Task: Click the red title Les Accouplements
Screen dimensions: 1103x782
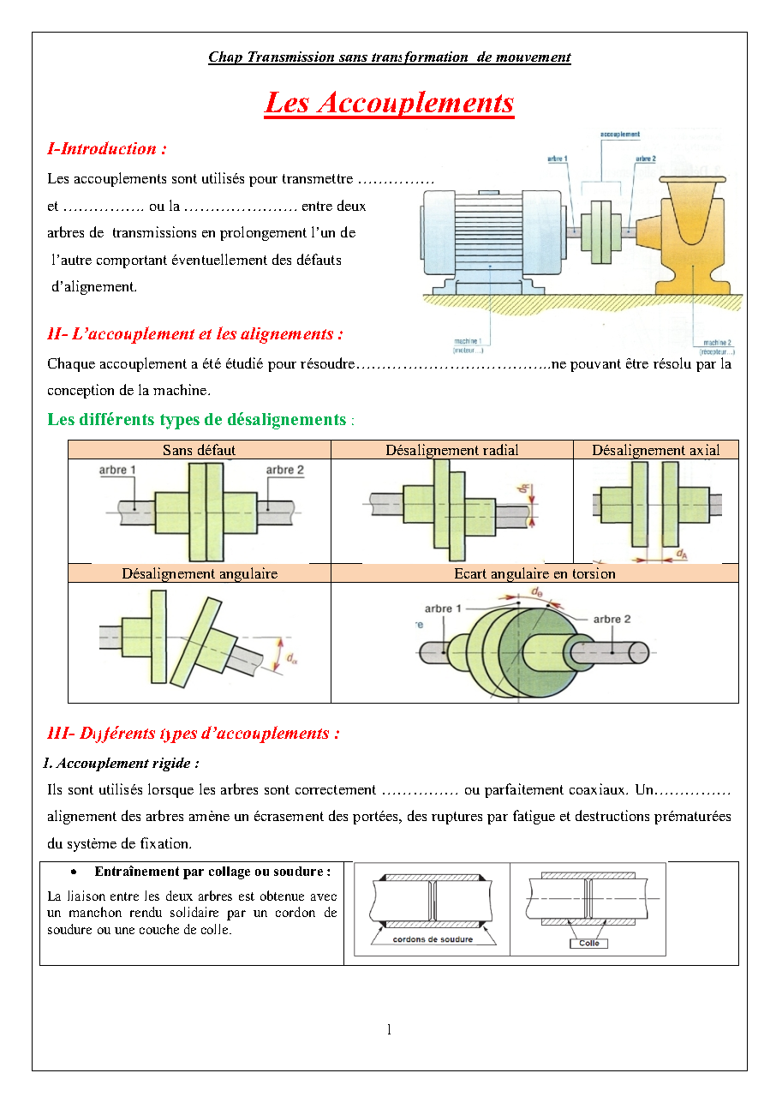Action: [389, 103]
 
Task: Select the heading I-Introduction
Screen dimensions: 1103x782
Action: [107, 149]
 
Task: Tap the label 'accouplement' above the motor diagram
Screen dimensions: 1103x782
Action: [620, 135]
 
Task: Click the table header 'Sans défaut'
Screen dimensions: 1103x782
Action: [199, 450]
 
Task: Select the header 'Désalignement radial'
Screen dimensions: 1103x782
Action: [451, 450]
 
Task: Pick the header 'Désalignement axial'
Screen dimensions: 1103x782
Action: [655, 450]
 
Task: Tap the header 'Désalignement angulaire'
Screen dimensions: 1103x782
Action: [199, 573]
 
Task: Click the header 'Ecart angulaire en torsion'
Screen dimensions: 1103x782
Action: [534, 573]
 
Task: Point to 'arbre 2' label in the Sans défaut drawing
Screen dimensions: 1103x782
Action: [284, 470]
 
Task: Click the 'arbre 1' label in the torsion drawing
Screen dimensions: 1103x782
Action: [443, 608]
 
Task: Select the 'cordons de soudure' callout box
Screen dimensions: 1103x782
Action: [433, 938]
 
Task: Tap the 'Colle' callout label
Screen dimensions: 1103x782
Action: [589, 943]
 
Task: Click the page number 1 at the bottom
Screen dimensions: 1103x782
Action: [389, 1029]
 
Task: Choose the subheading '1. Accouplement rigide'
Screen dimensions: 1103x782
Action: [122, 763]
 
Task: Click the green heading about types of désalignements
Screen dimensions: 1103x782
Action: [197, 420]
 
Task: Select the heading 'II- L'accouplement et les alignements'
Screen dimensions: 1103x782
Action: [195, 334]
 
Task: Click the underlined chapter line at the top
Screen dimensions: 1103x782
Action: [389, 57]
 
